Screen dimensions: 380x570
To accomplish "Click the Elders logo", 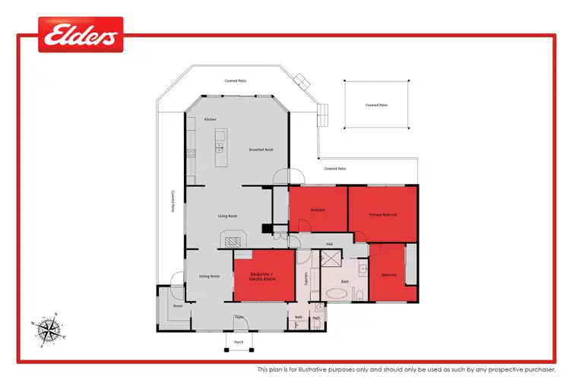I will [81, 35].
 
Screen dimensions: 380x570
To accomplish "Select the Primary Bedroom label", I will [383, 215].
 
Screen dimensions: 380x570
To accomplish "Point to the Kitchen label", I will [211, 119].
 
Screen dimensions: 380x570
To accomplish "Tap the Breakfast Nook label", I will [261, 150].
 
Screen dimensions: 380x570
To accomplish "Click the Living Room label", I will [228, 217].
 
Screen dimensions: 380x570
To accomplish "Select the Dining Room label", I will [209, 276].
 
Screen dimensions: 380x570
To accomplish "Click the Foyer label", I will [238, 316].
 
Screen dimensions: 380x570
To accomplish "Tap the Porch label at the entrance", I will [238, 343].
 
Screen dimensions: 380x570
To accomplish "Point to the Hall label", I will [330, 244].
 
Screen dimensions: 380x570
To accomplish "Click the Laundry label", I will [306, 279].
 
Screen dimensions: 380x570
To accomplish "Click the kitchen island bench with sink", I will [220, 144].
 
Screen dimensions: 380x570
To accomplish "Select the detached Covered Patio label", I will [376, 105].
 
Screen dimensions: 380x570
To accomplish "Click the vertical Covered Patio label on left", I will [173, 202].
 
